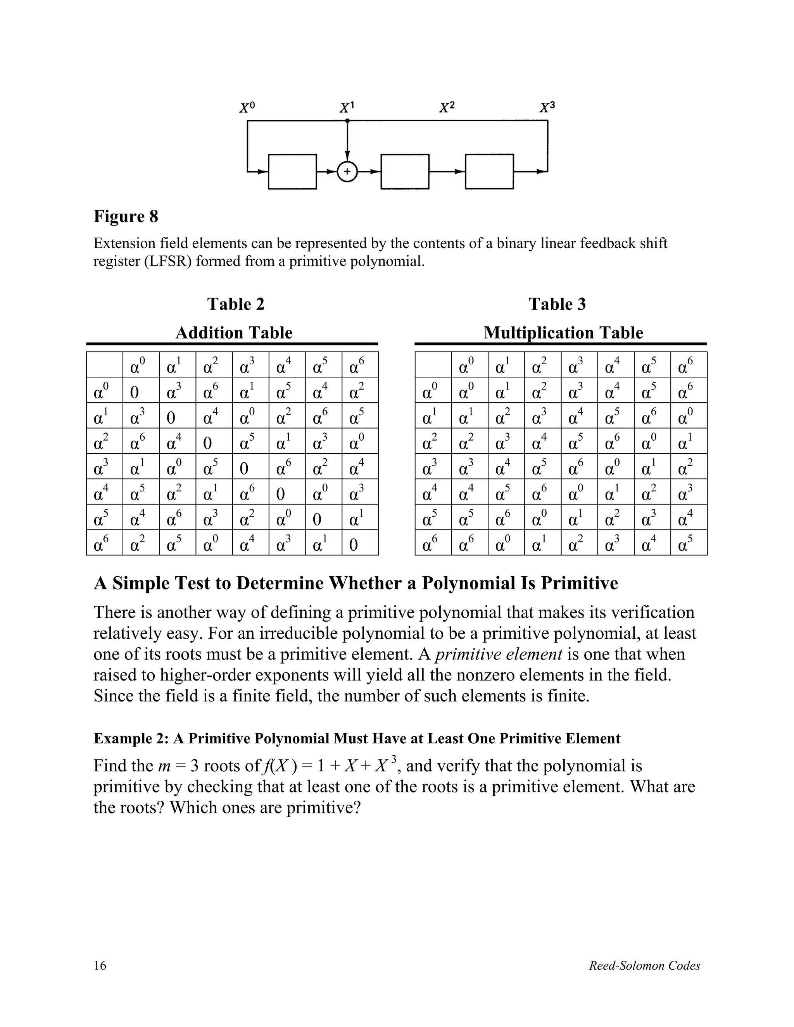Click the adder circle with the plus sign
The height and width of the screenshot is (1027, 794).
point(347,172)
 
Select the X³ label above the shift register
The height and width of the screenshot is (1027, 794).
point(547,108)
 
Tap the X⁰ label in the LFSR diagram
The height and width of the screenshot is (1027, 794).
point(247,108)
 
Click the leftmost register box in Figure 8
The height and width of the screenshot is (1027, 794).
point(292,172)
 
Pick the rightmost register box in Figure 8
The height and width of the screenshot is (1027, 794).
point(489,172)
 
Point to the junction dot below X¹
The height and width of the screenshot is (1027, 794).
point(347,121)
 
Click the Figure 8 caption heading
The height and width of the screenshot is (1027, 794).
point(126,216)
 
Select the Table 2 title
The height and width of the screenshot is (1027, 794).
point(236,304)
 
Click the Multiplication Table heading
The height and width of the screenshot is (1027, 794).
point(563,333)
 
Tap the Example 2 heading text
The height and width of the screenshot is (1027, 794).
point(357,738)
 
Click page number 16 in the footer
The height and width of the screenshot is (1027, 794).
point(100,965)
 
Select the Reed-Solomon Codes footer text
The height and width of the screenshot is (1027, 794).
point(644,965)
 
